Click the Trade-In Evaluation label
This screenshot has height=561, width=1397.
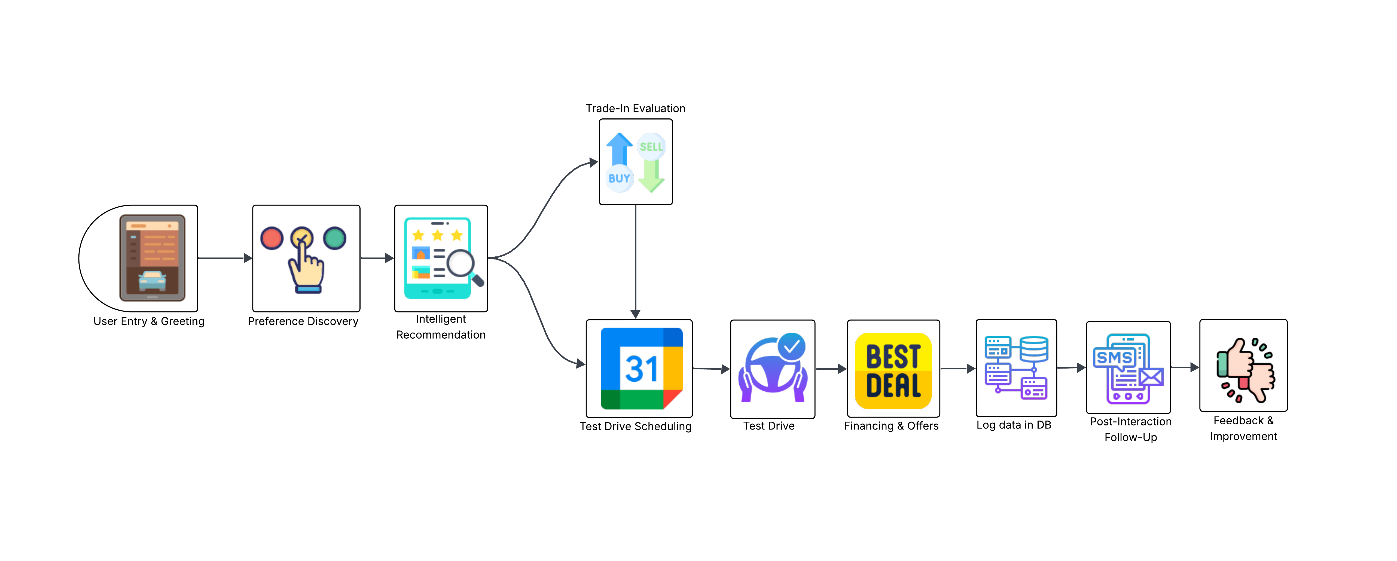tap(635, 108)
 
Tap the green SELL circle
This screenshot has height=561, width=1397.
tap(651, 146)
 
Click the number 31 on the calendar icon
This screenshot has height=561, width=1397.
tap(642, 369)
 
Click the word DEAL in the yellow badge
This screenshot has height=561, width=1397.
tap(893, 386)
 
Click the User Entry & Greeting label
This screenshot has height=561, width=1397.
tap(149, 321)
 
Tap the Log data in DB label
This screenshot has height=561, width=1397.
tap(1014, 425)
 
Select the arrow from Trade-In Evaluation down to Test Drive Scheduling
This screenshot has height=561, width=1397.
tap(636, 260)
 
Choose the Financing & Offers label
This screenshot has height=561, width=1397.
tap(891, 426)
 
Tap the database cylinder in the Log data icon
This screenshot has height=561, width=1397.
tap(1034, 348)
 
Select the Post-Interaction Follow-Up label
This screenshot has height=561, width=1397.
tap(1131, 429)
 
